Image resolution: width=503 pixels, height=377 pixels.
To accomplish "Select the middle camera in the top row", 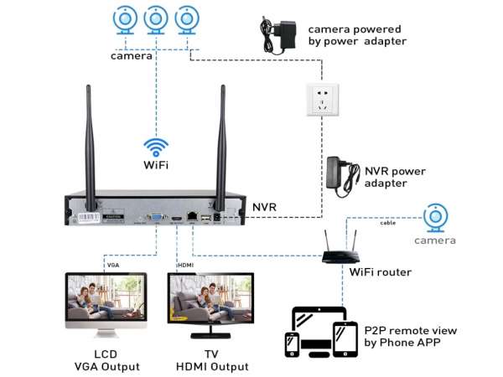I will click(x=157, y=21).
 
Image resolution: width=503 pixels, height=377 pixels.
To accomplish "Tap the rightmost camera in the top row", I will click(x=186, y=21).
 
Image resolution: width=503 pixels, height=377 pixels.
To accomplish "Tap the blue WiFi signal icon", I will click(x=156, y=148).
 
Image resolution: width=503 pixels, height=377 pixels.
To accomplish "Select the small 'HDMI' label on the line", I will click(x=186, y=266).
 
